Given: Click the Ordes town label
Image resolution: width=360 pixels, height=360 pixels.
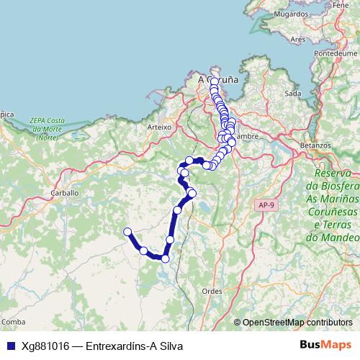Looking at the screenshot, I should tap(212, 290).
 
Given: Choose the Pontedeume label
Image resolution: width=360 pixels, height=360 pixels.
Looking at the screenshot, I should tap(336, 54).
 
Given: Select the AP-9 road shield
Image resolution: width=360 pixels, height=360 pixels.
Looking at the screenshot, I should tap(265, 205).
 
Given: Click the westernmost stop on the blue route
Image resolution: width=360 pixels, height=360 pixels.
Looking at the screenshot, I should tap(127, 231).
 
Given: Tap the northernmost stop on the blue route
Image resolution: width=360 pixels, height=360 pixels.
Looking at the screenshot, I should tap(215, 81).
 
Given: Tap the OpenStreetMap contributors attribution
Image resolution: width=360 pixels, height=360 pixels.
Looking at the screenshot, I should tap(297, 322).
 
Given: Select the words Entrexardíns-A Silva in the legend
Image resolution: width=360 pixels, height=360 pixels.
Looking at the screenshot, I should tap(134, 346).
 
